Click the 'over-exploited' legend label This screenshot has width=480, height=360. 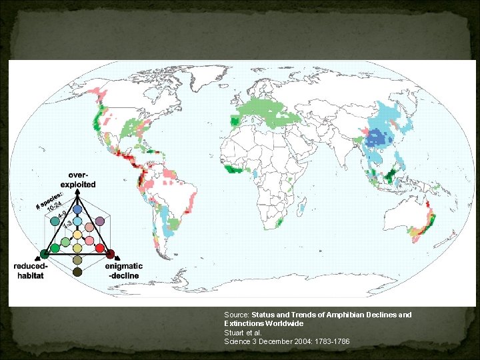pyautogui.click(x=78, y=179)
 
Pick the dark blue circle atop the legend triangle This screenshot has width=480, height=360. pyautogui.click(x=77, y=209)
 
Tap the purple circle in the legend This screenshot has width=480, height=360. pyautogui.click(x=99, y=221)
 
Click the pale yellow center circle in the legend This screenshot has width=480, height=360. pyautogui.click(x=77, y=235)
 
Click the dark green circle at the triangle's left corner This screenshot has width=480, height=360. pyautogui.click(x=44, y=254)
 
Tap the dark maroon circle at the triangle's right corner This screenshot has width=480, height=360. pyautogui.click(x=111, y=254)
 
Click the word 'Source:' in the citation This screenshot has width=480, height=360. pyautogui.click(x=237, y=315)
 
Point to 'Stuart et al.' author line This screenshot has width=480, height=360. pyautogui.click(x=243, y=333)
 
